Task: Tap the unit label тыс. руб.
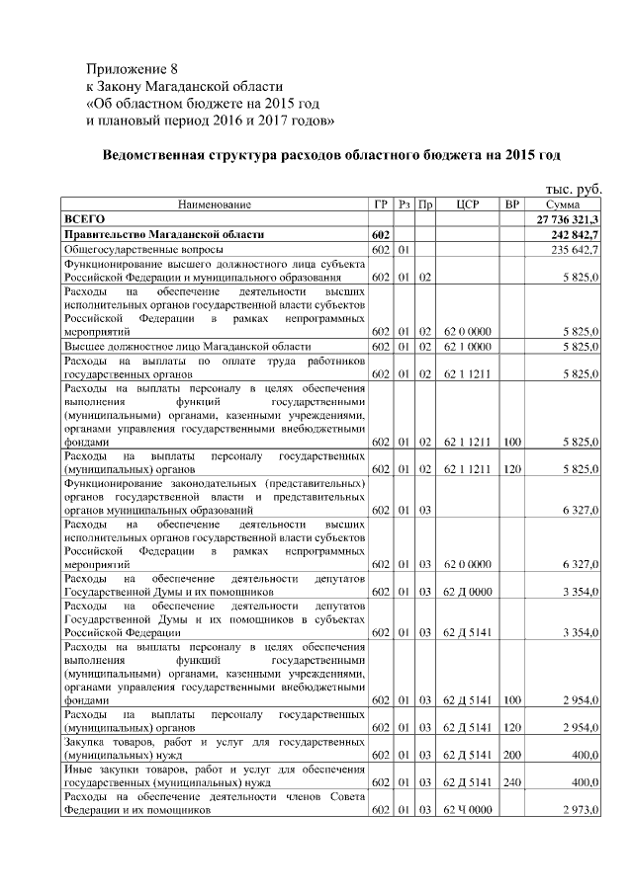coord(573,188)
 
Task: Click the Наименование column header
coord(215,204)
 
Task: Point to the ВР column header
coord(511,204)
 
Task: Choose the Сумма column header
coord(567,204)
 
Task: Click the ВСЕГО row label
coord(84,218)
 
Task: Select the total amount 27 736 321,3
coord(567,218)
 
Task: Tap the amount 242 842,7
coord(574,234)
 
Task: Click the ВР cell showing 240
coord(511,782)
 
